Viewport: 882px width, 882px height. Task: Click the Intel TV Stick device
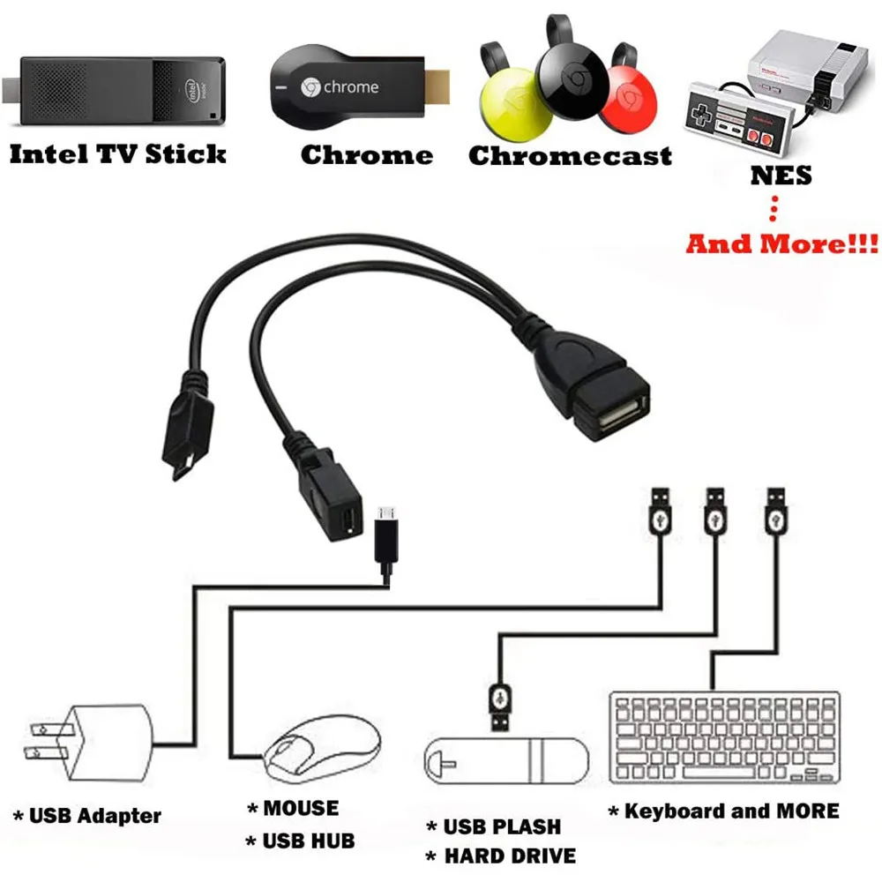pyautogui.click(x=115, y=88)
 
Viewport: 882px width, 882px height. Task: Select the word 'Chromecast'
pyautogui.click(x=570, y=156)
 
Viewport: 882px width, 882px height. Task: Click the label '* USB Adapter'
pyautogui.click(x=87, y=815)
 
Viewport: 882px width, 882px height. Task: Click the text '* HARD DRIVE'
pyautogui.click(x=500, y=855)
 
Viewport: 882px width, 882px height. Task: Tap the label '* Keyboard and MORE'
pyautogui.click(x=723, y=811)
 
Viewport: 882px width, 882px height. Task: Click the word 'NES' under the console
pyautogui.click(x=781, y=175)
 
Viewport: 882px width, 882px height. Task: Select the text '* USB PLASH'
pyautogui.click(x=493, y=826)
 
